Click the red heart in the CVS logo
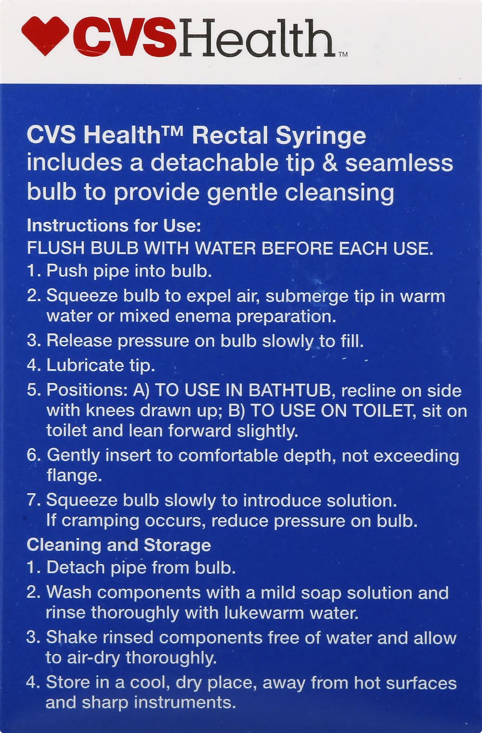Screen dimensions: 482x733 click(x=45, y=36)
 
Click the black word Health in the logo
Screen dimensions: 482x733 click(x=256, y=38)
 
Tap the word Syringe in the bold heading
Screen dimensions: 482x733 click(x=321, y=136)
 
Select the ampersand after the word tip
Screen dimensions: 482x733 click(x=330, y=163)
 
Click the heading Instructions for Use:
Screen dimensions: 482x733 click(x=114, y=226)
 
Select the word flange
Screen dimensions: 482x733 click(x=74, y=475)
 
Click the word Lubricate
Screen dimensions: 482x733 click(x=85, y=365)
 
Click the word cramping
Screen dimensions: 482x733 click(x=100, y=521)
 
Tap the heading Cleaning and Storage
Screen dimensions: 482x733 click(x=119, y=545)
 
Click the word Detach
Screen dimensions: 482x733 click(x=76, y=568)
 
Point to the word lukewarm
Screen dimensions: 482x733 click(x=264, y=613)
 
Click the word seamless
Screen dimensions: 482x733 click(x=399, y=163)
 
